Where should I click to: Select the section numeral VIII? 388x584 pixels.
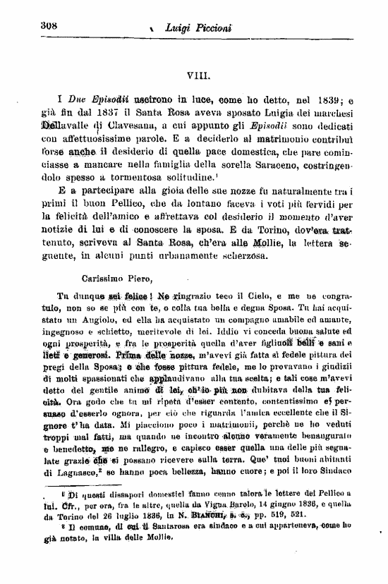[195, 73]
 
